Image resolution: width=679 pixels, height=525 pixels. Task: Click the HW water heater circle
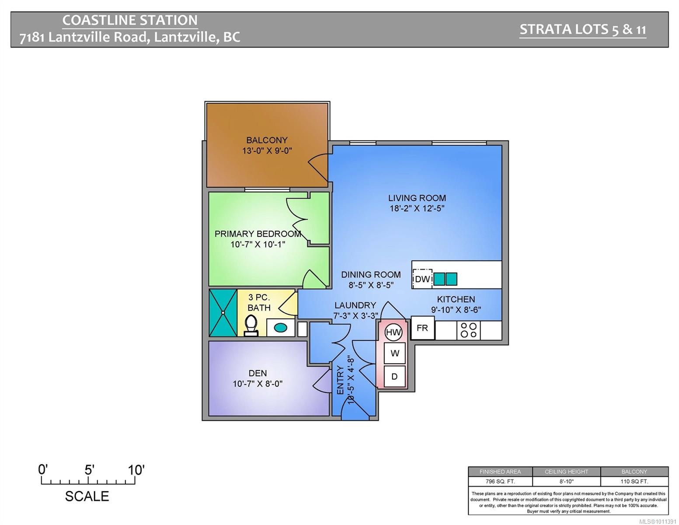[393, 332]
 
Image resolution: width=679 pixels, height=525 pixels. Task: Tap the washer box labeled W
[395, 353]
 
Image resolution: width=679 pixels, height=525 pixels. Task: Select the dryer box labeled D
[394, 376]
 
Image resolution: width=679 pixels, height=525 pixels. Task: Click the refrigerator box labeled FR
[422, 328]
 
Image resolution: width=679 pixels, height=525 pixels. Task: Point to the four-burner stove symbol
[469, 330]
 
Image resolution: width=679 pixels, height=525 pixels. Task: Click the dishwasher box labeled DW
[422, 279]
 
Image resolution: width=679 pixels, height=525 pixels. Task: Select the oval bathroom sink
[280, 327]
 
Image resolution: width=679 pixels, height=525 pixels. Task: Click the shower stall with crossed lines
[223, 313]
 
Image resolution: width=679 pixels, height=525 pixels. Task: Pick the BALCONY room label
[267, 140]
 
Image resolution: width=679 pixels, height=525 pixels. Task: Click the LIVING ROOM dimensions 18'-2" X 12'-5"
[417, 209]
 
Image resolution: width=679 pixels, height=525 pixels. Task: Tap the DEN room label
[258, 373]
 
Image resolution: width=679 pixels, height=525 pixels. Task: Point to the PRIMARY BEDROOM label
[258, 234]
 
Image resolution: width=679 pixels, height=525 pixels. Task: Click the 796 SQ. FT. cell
[500, 481]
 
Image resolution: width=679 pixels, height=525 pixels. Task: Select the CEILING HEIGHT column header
[566, 472]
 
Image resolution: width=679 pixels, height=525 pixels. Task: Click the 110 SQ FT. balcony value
[634, 481]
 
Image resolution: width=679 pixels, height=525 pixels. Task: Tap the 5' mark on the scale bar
[89, 470]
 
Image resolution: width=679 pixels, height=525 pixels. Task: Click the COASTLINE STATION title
[130, 20]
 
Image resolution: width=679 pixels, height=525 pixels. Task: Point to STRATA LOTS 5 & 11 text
[582, 29]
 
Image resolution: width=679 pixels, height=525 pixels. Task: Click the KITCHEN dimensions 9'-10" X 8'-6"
[456, 310]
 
